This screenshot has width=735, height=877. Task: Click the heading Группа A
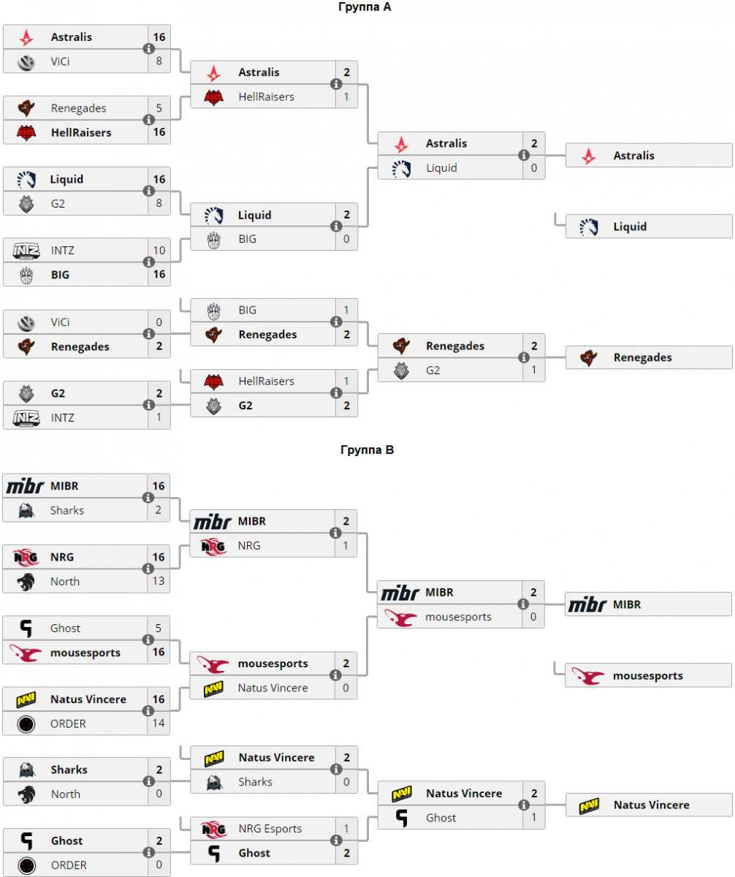pyautogui.click(x=367, y=7)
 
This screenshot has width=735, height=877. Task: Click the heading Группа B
pyautogui.click(x=367, y=450)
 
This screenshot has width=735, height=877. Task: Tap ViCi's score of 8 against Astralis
pyautogui.click(x=159, y=61)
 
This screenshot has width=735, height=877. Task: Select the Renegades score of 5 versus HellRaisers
pyautogui.click(x=159, y=108)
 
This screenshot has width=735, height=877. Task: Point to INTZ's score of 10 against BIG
pyautogui.click(x=159, y=251)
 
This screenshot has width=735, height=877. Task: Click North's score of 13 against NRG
pyautogui.click(x=159, y=582)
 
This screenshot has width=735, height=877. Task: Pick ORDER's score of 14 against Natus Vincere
pyautogui.click(x=159, y=724)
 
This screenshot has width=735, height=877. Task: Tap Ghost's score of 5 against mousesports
pyautogui.click(x=159, y=628)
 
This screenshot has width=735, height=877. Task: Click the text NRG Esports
pyautogui.click(x=270, y=829)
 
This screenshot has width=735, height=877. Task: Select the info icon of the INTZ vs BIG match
pyautogui.click(x=149, y=262)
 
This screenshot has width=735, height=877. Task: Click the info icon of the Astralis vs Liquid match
pyautogui.click(x=524, y=155)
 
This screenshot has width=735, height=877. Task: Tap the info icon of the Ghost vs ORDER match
pyautogui.click(x=149, y=853)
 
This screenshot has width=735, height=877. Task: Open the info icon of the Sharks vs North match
pyautogui.click(x=149, y=781)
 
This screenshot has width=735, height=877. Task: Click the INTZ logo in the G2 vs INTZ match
pyautogui.click(x=26, y=417)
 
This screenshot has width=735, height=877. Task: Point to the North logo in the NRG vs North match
pyautogui.click(x=26, y=582)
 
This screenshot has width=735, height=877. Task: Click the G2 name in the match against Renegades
pyautogui.click(x=433, y=371)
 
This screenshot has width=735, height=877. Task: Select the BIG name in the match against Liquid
pyautogui.click(x=247, y=239)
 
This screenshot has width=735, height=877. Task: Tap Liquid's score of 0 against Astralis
pyautogui.click(x=533, y=168)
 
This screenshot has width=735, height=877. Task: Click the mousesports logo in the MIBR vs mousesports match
pyautogui.click(x=401, y=618)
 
